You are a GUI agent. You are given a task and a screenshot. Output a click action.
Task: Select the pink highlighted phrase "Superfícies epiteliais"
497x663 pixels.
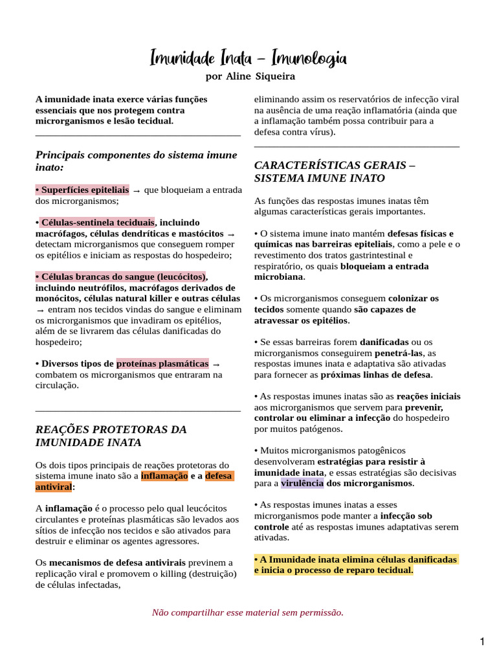(84, 190)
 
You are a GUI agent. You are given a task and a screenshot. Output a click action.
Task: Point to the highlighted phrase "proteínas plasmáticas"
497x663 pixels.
(162, 364)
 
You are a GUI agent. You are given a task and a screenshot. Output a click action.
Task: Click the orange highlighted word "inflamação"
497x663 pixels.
(164, 476)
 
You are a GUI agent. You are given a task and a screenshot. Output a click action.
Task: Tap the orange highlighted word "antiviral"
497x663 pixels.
(54, 487)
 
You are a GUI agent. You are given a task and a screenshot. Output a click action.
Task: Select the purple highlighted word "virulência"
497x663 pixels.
(302, 483)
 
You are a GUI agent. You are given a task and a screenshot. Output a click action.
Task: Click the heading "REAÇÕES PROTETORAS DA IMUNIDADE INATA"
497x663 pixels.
(111, 436)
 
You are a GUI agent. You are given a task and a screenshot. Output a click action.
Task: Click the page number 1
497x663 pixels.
(482, 642)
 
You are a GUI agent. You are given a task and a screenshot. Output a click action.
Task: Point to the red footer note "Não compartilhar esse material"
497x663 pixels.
(248, 612)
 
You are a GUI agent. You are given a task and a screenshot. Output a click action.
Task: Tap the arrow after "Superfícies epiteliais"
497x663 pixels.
(137, 190)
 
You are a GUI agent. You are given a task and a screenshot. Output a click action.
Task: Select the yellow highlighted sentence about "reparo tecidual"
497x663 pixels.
(355, 565)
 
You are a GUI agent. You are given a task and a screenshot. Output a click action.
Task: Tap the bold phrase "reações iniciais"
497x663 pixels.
(428, 396)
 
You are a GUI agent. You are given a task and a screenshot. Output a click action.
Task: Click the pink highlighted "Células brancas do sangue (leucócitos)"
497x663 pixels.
(122, 276)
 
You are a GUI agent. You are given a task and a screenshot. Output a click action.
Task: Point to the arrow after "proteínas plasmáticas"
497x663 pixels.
(216, 365)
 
